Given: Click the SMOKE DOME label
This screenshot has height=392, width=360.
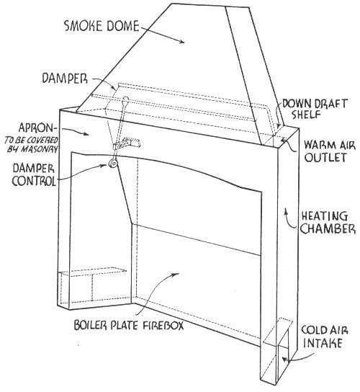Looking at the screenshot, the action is click(x=102, y=26).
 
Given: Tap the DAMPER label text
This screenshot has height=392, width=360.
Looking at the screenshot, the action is click(x=65, y=79).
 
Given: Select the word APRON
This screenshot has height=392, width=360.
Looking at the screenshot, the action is click(x=36, y=128).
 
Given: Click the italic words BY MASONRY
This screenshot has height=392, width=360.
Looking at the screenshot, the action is click(x=32, y=149).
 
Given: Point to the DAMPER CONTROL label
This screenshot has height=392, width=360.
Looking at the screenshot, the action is click(x=34, y=174).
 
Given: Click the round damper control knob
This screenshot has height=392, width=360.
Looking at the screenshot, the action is click(x=113, y=164).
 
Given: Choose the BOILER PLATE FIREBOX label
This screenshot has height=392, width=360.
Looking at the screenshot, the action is click(x=129, y=325).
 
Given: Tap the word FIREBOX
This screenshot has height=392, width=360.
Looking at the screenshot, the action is click(x=163, y=325).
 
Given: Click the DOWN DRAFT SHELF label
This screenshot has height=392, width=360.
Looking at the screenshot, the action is click(x=315, y=109).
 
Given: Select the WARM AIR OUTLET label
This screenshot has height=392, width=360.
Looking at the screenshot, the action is click(x=330, y=151).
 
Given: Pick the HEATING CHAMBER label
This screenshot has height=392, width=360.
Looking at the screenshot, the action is click(x=328, y=223).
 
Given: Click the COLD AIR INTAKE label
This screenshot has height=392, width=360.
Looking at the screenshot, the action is click(x=325, y=337).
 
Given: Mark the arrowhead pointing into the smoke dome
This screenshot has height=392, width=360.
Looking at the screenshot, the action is click(x=182, y=42).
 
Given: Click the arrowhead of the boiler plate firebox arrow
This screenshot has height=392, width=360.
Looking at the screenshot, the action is click(x=176, y=274).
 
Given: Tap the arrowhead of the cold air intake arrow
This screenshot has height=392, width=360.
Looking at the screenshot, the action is click(x=284, y=360).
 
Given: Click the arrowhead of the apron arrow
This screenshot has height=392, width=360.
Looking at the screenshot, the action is click(x=86, y=134).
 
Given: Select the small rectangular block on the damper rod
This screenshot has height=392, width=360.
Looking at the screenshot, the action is click(x=127, y=143).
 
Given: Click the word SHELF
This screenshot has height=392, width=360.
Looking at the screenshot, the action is click(x=306, y=115).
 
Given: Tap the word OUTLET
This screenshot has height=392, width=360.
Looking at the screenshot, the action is click(x=325, y=157).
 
